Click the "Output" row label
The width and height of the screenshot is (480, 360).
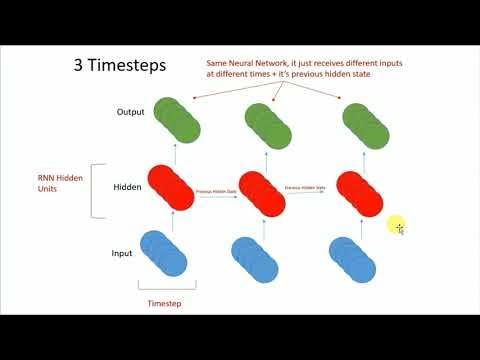(x=132, y=111)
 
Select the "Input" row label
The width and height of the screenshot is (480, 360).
(x=122, y=253)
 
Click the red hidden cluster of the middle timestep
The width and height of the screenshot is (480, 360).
(x=264, y=190)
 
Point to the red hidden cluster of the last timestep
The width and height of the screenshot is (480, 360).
(x=357, y=190)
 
